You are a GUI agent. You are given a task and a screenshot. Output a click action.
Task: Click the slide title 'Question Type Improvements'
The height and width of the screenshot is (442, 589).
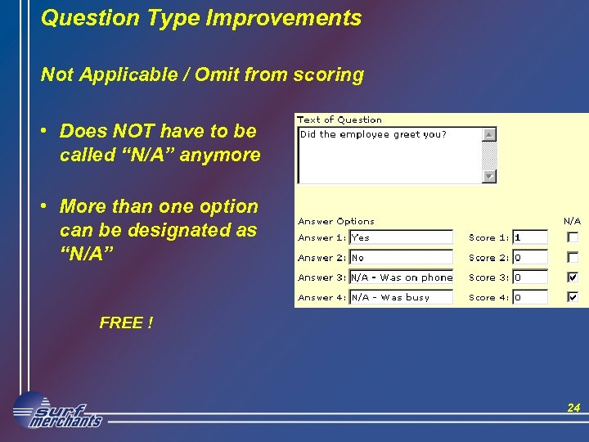(x=201, y=18)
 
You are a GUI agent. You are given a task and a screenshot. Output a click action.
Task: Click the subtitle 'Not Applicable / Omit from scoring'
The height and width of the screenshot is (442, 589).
(x=202, y=75)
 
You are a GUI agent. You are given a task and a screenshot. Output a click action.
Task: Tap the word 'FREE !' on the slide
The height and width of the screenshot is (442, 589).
(x=126, y=322)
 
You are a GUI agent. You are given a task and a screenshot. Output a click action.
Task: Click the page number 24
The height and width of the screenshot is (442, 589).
(x=573, y=408)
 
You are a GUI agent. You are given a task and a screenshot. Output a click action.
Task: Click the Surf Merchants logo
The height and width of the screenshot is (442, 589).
(x=57, y=411)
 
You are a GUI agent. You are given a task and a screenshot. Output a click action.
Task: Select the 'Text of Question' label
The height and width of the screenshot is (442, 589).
(x=339, y=120)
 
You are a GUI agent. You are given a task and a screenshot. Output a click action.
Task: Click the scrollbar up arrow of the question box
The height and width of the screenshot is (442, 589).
(x=489, y=134)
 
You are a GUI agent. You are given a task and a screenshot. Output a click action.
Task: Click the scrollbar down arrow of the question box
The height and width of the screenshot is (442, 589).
(x=489, y=176)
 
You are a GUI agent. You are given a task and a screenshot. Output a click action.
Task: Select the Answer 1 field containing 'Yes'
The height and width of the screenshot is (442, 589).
(x=401, y=237)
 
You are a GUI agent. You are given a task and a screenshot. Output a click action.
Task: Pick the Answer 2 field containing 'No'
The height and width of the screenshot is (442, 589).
(x=401, y=257)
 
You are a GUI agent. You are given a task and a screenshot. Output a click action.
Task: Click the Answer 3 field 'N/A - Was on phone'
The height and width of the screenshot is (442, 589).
(x=401, y=277)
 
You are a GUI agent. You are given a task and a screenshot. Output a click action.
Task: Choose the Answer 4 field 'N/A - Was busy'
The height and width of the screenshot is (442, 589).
(x=401, y=297)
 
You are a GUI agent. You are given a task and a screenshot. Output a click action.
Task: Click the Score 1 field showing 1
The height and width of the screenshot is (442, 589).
(x=529, y=237)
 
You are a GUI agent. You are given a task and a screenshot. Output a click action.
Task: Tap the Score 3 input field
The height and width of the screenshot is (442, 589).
(x=529, y=277)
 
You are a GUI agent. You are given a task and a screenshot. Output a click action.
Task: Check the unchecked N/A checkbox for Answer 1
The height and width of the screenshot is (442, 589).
(x=573, y=237)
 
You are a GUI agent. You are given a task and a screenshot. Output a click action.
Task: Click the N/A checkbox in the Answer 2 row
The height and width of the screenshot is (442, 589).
(x=573, y=257)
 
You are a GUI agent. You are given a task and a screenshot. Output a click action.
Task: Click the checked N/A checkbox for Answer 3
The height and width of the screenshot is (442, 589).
(x=573, y=277)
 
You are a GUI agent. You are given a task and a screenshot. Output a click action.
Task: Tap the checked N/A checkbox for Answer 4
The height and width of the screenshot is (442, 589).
(x=573, y=297)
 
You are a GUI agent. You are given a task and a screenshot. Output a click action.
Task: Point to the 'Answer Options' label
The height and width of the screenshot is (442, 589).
(x=336, y=221)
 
